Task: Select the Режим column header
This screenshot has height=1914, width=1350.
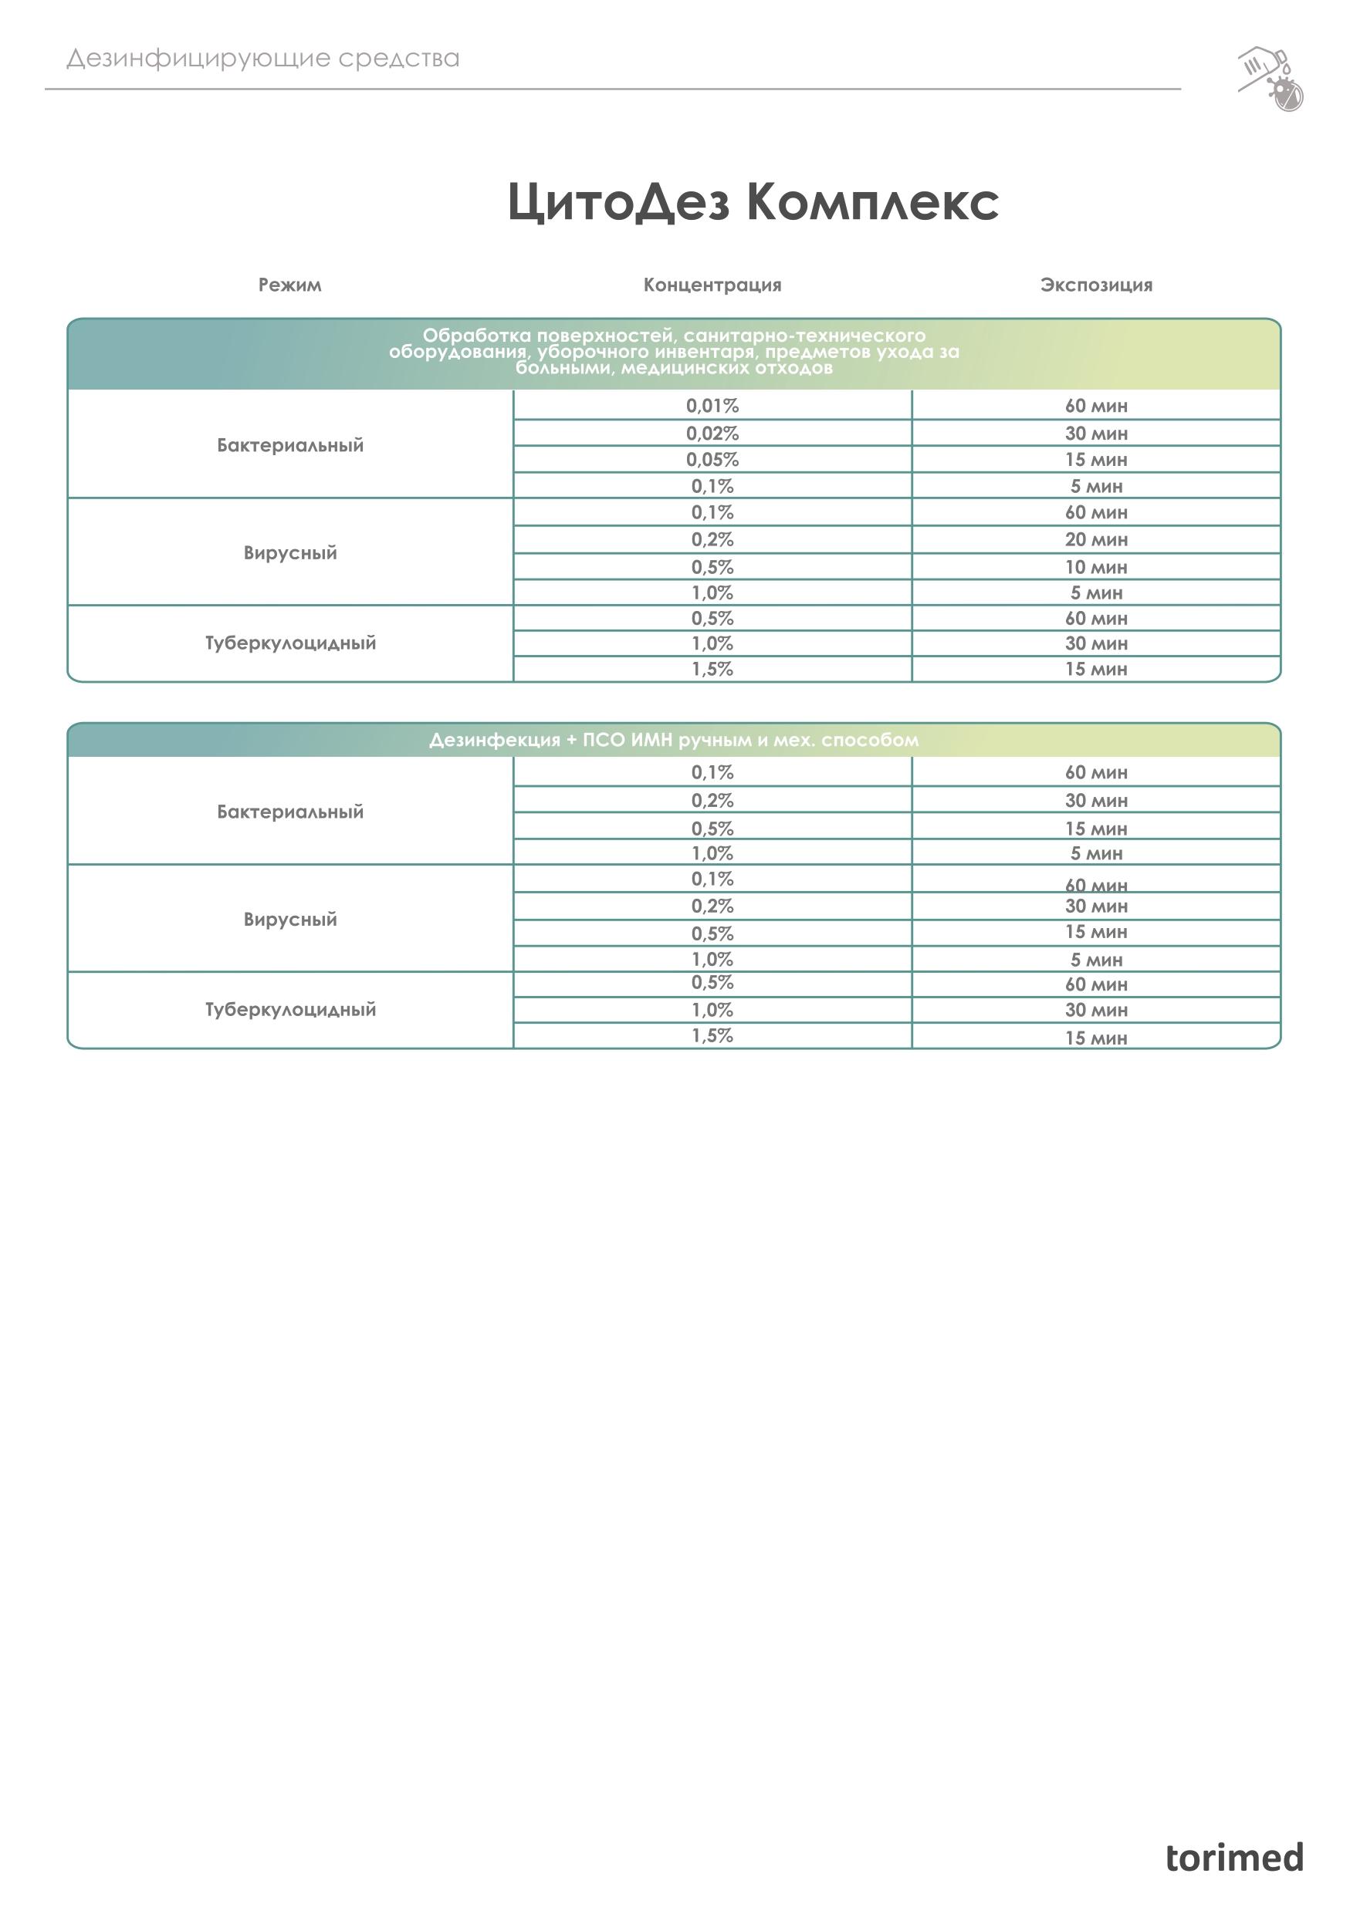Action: (x=289, y=285)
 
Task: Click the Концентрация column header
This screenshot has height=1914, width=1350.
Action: (x=712, y=285)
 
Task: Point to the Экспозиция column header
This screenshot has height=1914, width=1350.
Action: (x=1096, y=285)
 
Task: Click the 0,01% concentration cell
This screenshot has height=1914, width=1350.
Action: (x=712, y=406)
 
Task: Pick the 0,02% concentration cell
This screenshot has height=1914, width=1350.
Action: (x=712, y=434)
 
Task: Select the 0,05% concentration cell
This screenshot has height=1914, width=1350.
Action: (x=712, y=459)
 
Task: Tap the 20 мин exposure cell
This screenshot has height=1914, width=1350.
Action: (x=1096, y=539)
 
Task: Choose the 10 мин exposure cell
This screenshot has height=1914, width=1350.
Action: (x=1096, y=567)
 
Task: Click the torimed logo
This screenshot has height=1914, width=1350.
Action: (x=1233, y=1858)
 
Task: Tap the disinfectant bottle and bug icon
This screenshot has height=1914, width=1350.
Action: (x=1270, y=79)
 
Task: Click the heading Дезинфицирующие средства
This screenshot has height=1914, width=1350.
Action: (x=262, y=59)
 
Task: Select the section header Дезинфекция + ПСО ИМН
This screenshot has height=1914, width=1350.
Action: (x=674, y=741)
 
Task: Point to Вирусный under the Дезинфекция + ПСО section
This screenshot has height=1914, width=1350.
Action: (x=289, y=920)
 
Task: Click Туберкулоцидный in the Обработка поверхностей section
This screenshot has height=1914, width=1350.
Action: (x=289, y=643)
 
